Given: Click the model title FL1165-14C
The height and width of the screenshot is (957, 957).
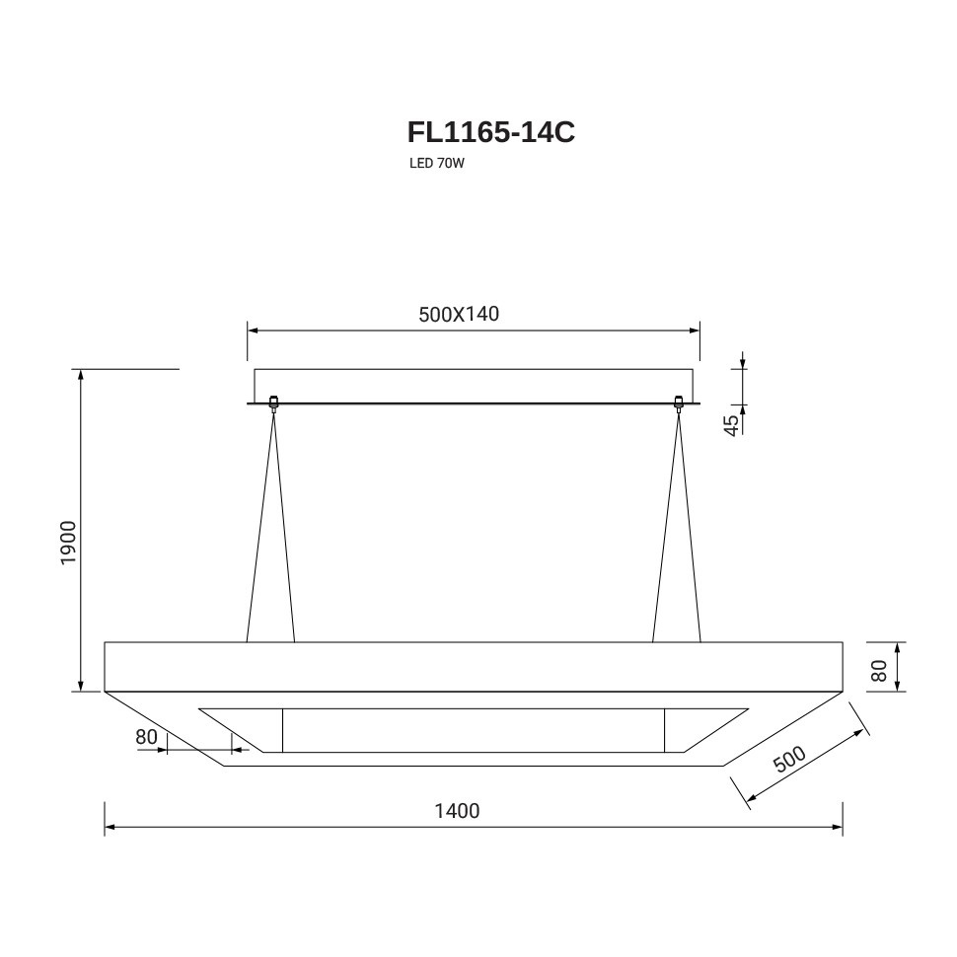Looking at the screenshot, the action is (490, 132).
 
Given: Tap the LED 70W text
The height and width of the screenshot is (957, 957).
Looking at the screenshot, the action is (437, 164).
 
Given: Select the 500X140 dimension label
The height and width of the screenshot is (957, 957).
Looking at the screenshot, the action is (459, 314).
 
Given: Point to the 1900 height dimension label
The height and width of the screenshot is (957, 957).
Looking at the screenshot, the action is (68, 543).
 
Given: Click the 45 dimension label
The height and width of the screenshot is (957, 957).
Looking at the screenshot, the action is (731, 425).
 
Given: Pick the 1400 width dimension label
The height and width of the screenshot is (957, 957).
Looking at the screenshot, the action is (457, 811).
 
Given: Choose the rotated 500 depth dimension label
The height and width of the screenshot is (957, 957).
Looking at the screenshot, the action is (789, 759).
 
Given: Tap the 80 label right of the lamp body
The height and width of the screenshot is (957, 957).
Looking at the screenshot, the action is (879, 671).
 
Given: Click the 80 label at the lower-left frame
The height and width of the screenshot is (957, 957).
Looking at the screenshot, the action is (146, 737).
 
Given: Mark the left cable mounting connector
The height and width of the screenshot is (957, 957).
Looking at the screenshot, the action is (273, 403).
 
